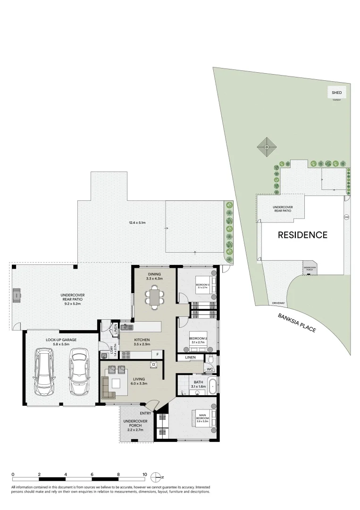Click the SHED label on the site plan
pos(336,93)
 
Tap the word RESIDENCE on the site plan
pos(302,235)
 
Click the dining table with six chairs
pos(154,297)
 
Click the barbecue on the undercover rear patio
pos(17,296)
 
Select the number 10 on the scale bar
pos(145,474)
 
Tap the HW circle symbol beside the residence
pos(347,217)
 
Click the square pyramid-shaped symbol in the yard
pos(267,146)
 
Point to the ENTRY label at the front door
pos(145,414)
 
